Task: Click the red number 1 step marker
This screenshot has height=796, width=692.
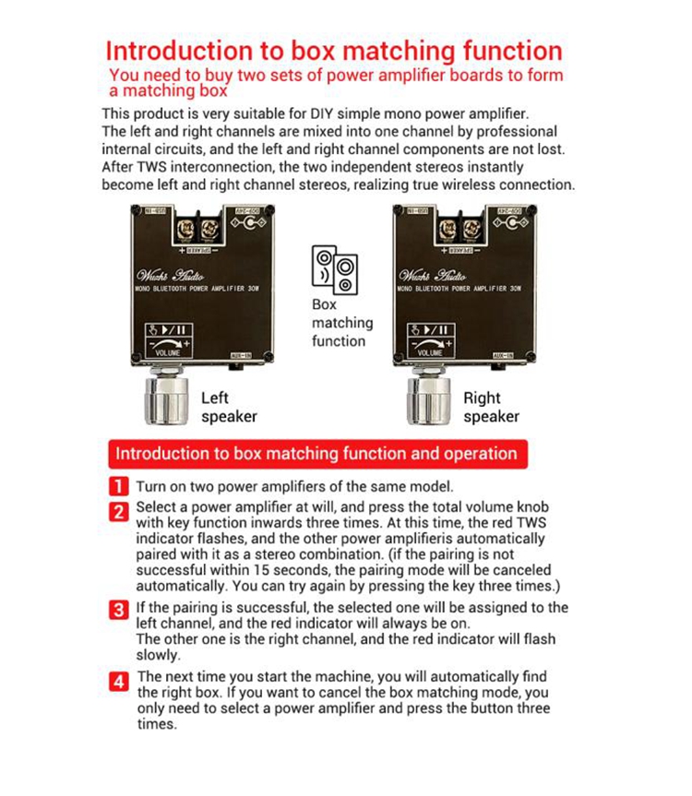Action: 119,486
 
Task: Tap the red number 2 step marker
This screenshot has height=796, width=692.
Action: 119,511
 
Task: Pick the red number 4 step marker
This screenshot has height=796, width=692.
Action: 119,683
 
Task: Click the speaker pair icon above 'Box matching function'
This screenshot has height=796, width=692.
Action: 334,269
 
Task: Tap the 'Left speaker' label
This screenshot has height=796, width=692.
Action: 228,407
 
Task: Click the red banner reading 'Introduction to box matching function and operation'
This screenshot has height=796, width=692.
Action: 316,453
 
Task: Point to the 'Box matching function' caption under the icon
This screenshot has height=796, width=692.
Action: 341,323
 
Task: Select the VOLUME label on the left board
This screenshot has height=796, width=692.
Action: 168,352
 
